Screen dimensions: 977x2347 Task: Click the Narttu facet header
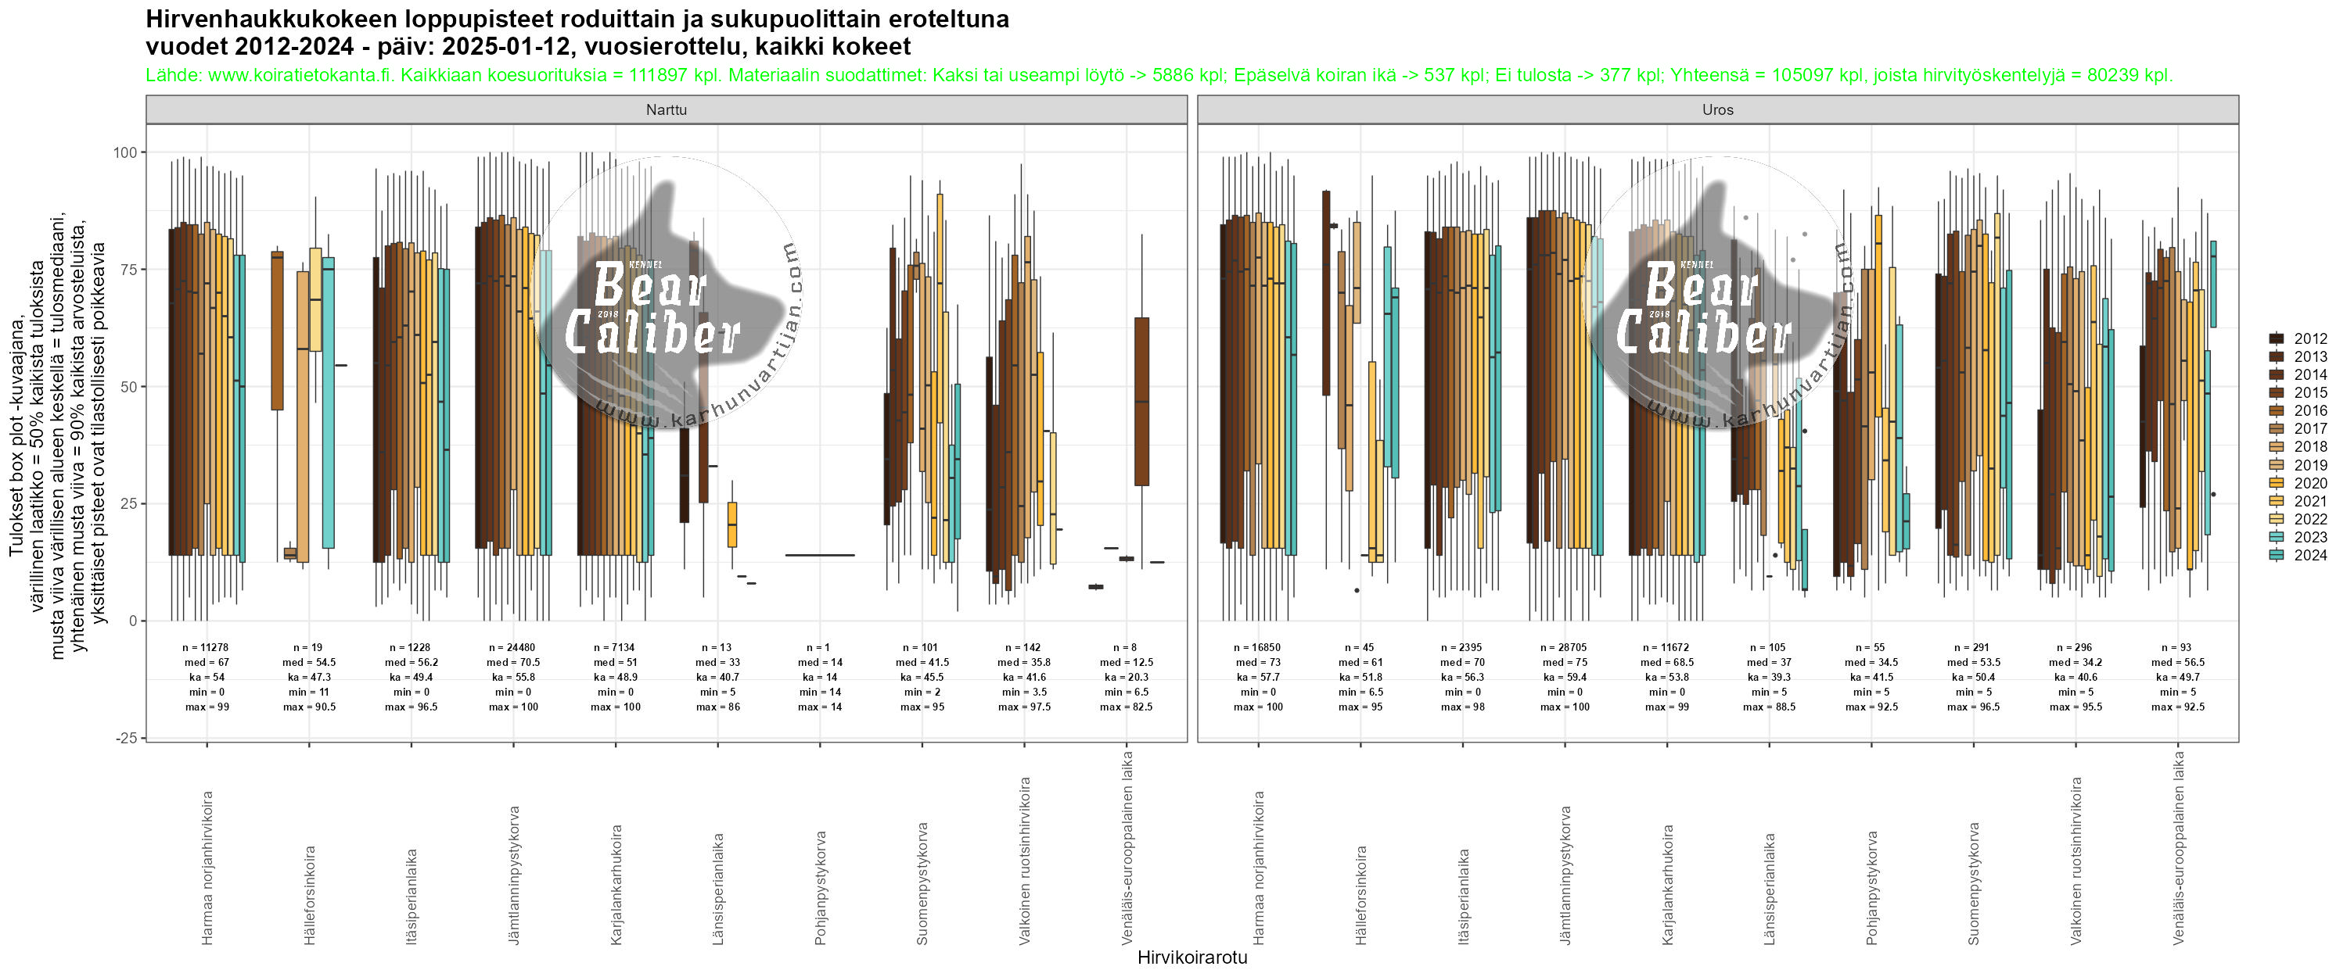click(x=666, y=110)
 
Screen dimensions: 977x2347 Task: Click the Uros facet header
click(x=1717, y=110)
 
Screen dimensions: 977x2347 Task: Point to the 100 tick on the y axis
click(x=125, y=153)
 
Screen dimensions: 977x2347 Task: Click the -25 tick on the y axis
click(x=127, y=739)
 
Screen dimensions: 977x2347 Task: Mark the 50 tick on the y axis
click(x=128, y=387)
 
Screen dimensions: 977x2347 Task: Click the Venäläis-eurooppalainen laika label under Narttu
click(x=1127, y=846)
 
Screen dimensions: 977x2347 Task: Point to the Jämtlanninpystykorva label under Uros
click(x=1565, y=874)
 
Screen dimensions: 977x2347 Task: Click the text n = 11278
click(x=206, y=648)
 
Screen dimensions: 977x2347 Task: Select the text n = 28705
click(x=1565, y=648)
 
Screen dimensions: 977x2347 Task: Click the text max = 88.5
click(x=1770, y=707)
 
